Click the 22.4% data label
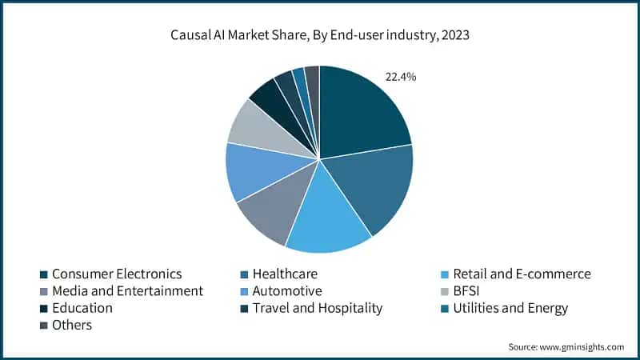(401, 77)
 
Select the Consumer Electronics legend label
(117, 274)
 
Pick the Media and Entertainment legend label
(127, 290)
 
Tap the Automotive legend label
(287, 290)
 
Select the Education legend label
(82, 308)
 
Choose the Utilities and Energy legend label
(510, 308)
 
